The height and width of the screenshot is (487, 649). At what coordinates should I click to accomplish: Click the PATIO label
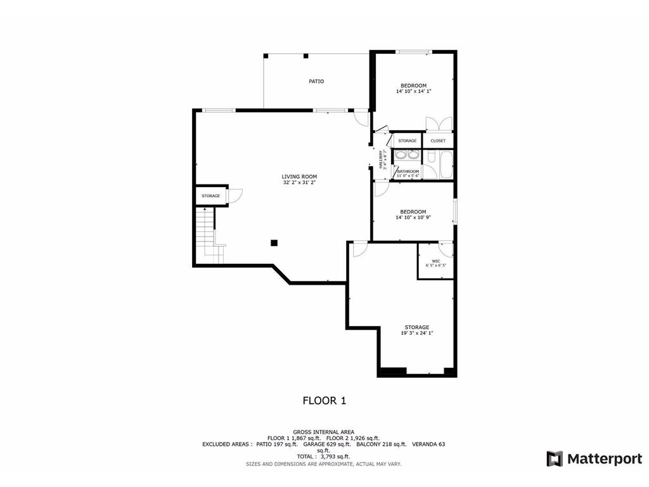click(x=316, y=81)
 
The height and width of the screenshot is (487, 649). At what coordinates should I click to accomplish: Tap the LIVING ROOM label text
click(x=299, y=176)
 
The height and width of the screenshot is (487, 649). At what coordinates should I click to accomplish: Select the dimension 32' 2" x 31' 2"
click(x=299, y=183)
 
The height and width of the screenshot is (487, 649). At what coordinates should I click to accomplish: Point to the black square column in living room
click(x=274, y=242)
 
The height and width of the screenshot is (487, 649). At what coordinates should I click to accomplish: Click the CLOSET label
click(x=438, y=141)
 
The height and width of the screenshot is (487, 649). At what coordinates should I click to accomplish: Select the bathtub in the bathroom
click(x=446, y=165)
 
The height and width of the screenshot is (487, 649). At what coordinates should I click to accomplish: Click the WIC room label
click(x=436, y=261)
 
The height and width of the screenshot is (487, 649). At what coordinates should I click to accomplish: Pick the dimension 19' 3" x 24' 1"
click(x=417, y=333)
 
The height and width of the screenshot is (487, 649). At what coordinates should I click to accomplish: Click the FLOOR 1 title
click(x=324, y=400)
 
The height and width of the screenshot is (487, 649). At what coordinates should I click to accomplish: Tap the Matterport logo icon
click(x=555, y=458)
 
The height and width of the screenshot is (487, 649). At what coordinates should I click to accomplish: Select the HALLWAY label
click(x=381, y=159)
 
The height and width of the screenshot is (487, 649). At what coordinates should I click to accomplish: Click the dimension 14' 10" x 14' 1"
click(x=413, y=91)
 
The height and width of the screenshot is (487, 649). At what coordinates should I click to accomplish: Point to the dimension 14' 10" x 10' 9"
click(x=413, y=218)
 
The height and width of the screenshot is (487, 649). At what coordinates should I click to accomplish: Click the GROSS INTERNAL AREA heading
click(x=324, y=431)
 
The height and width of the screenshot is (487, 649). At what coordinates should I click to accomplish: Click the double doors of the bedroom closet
click(x=439, y=124)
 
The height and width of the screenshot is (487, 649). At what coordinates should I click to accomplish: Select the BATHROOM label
click(x=408, y=171)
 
